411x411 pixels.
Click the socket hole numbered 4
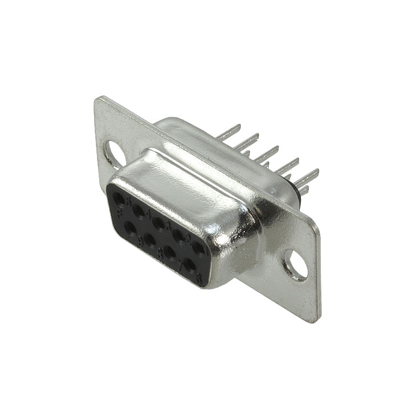click(x=139, y=210)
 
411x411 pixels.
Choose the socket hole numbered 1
click(x=200, y=247)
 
